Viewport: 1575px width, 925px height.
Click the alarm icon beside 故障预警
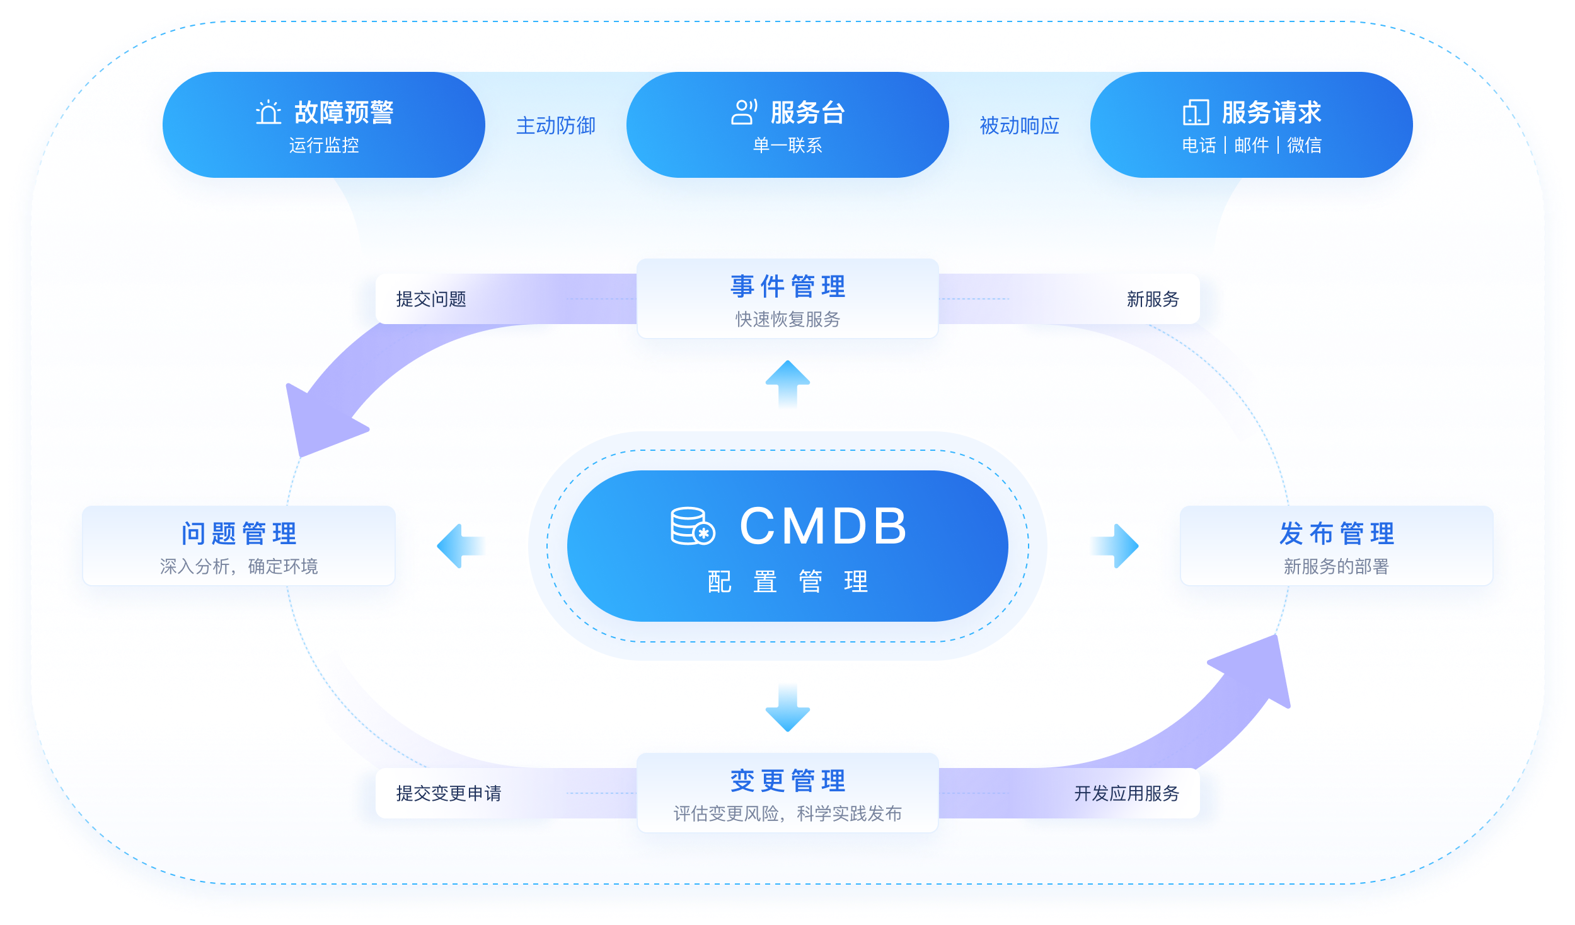268,112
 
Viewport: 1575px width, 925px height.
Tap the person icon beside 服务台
744,112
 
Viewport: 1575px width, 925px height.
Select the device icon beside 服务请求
1196,112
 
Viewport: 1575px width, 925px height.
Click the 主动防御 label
556,125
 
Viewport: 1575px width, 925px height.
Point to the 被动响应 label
1019,125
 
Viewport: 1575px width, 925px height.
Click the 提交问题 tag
431,299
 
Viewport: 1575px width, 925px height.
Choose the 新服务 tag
1152,299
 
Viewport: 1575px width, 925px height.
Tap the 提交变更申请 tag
449,793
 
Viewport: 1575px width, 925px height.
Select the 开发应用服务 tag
1126,793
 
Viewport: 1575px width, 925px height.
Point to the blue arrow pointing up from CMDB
788,383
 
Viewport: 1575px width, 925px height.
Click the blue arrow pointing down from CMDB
788,707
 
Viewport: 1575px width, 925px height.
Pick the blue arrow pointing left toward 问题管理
461,546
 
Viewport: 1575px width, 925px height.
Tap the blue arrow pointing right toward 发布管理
1114,546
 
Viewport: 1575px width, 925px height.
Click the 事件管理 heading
788,287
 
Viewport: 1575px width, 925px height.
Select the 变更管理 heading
788,781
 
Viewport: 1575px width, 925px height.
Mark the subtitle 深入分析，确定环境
239,566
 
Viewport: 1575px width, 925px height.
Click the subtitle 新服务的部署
1336,566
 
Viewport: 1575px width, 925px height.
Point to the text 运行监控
324,146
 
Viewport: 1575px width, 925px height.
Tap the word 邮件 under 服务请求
1252,146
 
